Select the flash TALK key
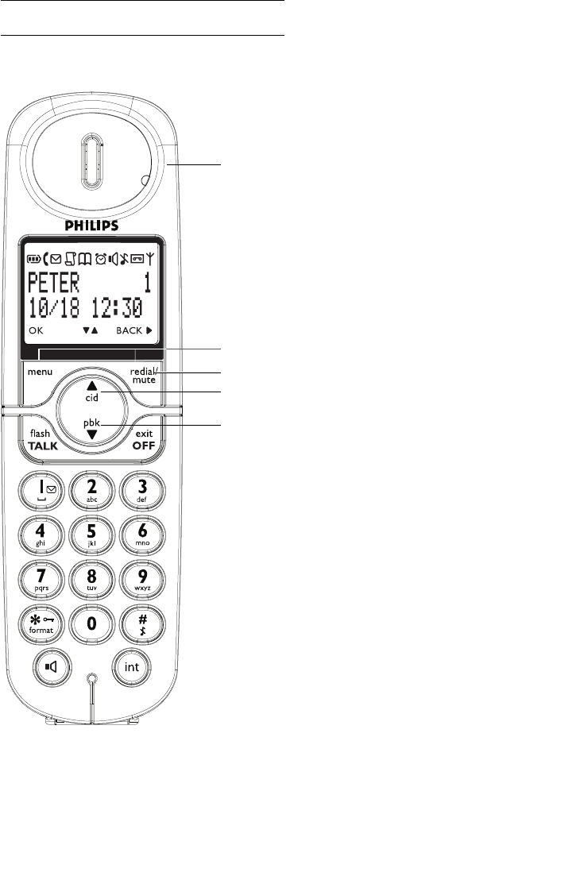click(x=41, y=439)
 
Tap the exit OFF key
click(x=144, y=439)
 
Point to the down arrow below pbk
click(x=91, y=434)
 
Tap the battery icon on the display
click(x=34, y=259)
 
